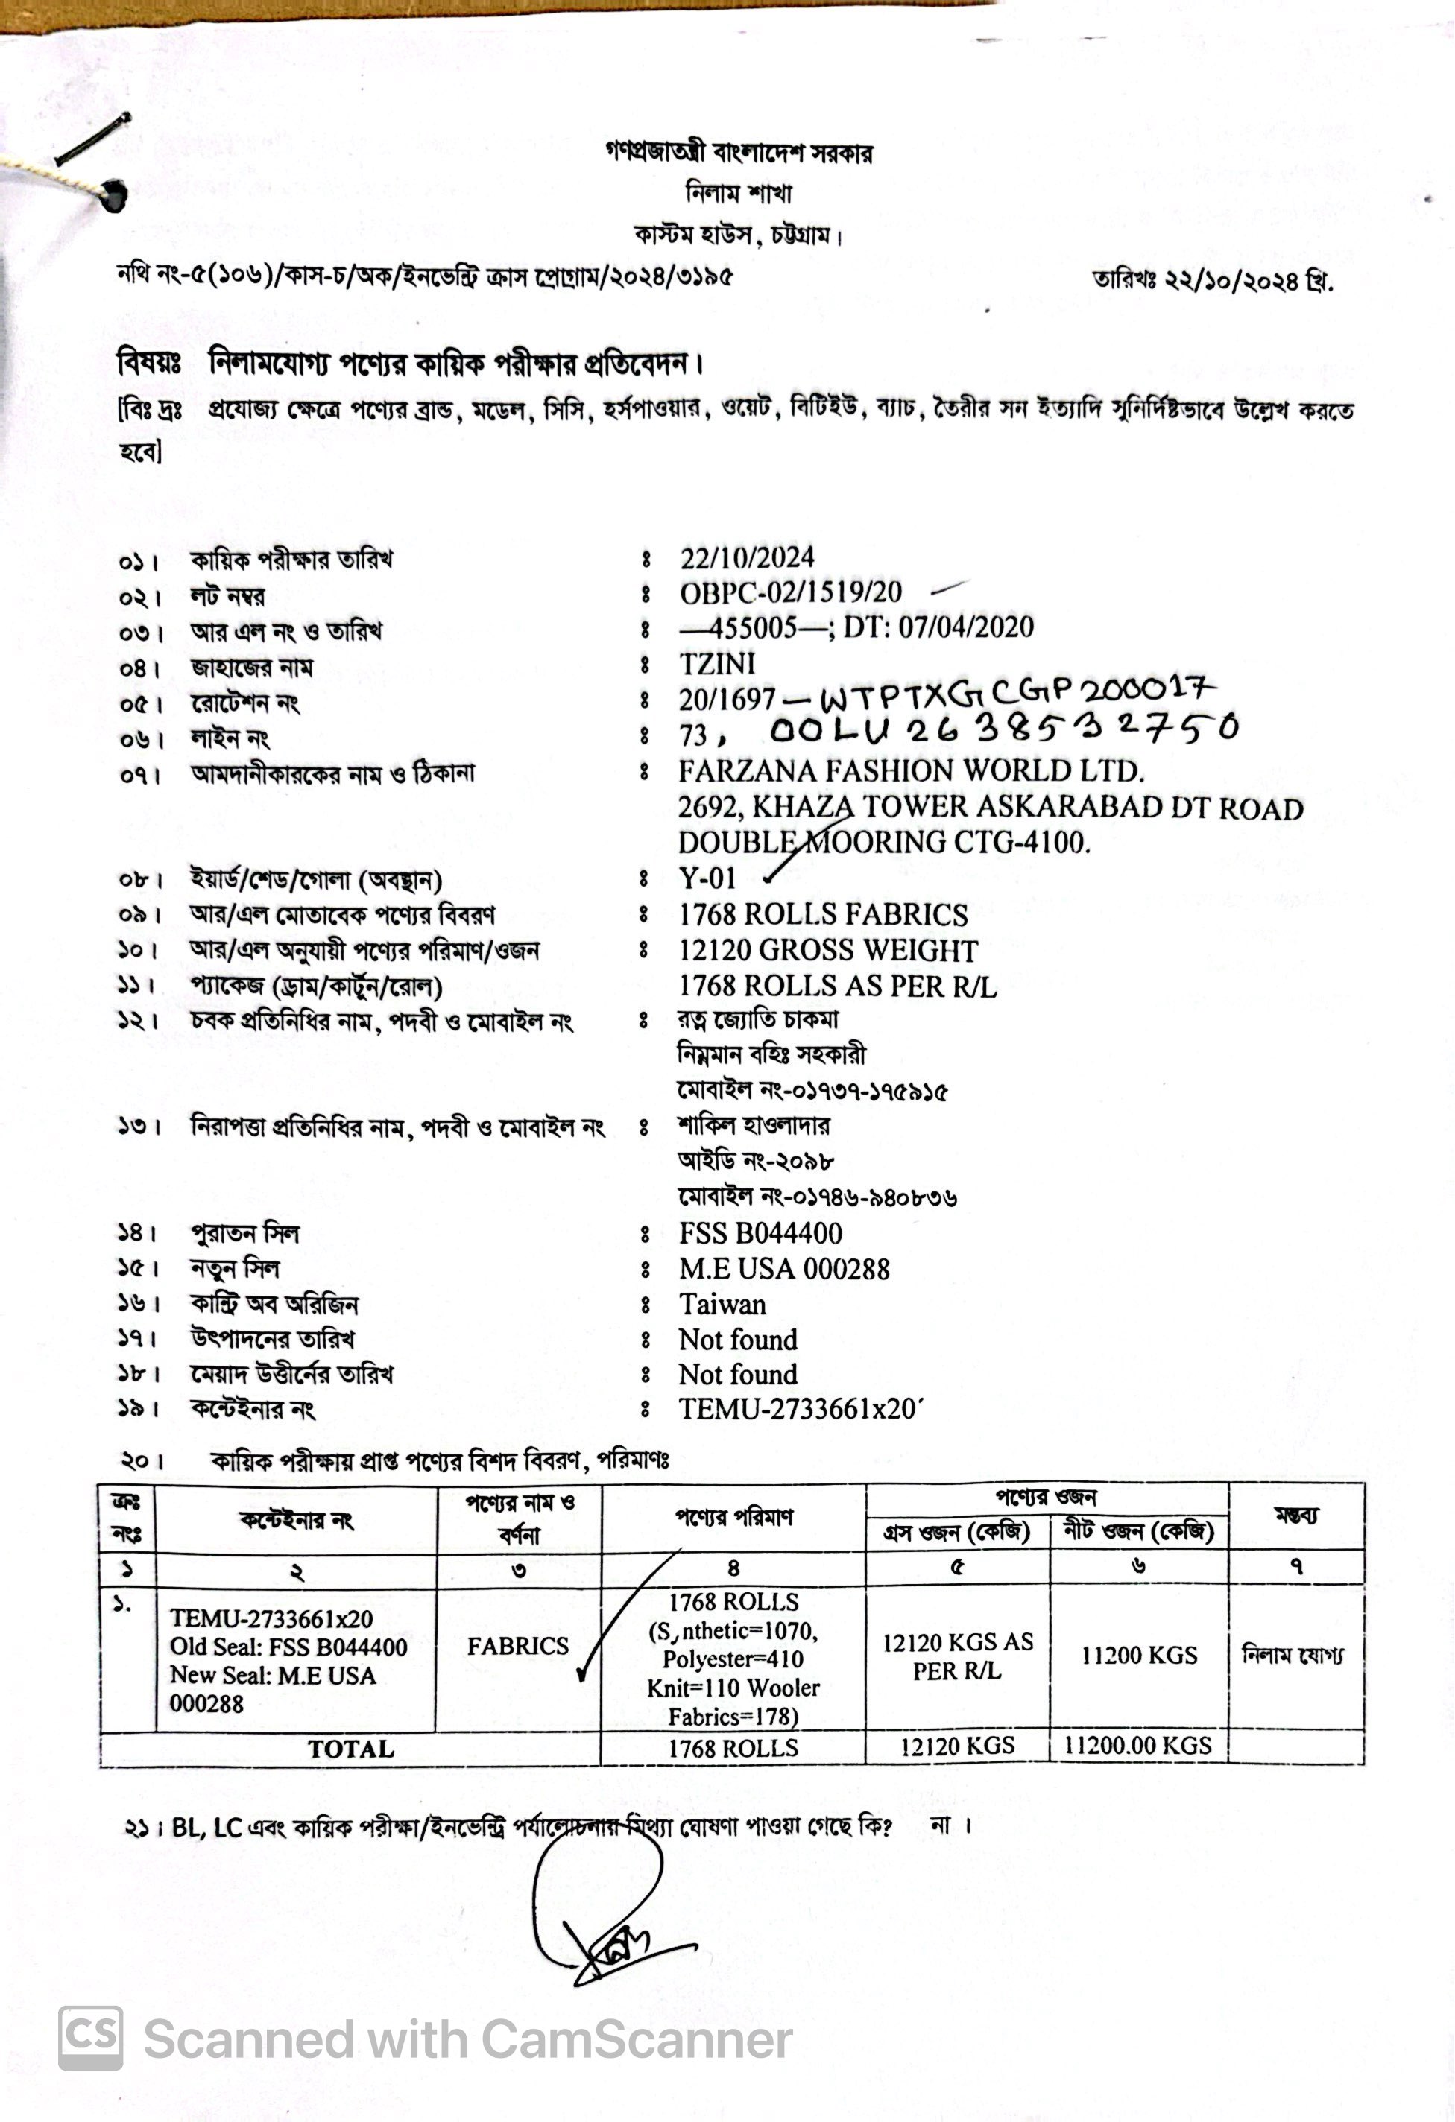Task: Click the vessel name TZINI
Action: [x=717, y=664]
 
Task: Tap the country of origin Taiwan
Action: [x=722, y=1304]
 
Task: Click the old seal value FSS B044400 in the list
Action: [x=760, y=1234]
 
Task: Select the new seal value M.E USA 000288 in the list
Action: [x=783, y=1269]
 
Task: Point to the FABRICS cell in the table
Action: [x=518, y=1647]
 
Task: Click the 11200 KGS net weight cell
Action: [x=1139, y=1656]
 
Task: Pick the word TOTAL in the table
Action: [x=351, y=1749]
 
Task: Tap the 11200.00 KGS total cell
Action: [x=1138, y=1746]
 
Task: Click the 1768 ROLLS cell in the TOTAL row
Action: [x=733, y=1748]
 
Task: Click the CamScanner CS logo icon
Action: [x=90, y=2039]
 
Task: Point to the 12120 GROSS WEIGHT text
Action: [x=827, y=951]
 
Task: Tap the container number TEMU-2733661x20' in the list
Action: [x=801, y=1409]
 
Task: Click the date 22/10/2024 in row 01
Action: [x=747, y=557]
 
